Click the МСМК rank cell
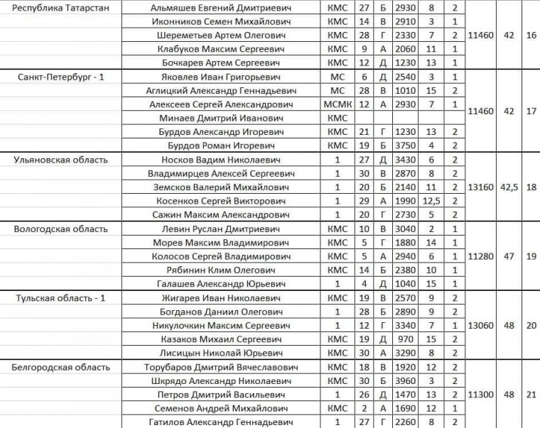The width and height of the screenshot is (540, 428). tap(337, 104)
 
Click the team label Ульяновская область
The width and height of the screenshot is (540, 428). tap(60, 160)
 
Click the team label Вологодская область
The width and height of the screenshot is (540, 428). tap(60, 229)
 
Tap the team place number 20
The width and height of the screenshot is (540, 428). tap(531, 326)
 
